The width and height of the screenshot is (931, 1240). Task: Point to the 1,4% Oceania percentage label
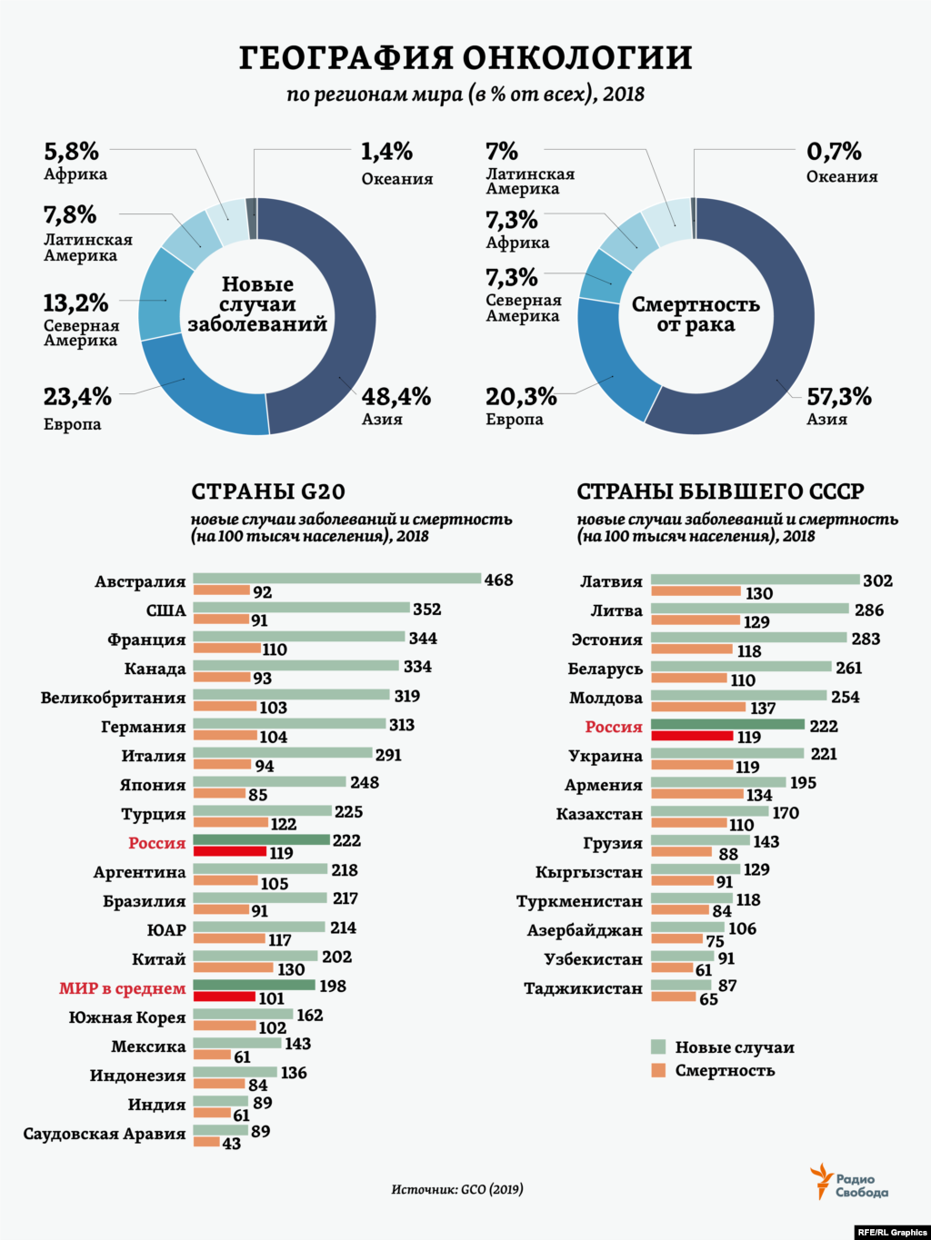386,152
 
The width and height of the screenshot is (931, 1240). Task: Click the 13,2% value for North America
75,303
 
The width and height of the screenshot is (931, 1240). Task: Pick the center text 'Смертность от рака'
696,314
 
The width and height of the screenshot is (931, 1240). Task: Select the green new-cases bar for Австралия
336,579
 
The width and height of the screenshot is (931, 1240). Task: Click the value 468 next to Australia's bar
498,580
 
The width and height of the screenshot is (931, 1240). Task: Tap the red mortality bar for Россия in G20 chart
229,852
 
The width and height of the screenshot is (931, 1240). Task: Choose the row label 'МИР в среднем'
122,988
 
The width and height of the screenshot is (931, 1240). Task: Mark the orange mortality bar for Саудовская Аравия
206,1142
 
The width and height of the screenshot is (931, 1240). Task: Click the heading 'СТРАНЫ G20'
268,491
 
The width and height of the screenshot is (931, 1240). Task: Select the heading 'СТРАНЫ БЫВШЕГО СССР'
720,491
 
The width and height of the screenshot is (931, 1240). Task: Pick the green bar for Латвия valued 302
755,580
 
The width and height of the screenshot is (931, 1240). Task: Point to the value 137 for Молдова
763,709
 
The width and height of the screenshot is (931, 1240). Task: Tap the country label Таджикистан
583,988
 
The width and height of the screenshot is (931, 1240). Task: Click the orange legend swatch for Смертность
659,1070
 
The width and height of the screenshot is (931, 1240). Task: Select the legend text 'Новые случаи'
735,1047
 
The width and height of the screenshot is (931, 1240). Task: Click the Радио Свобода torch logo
821,1181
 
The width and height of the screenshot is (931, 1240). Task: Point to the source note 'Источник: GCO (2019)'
457,1189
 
